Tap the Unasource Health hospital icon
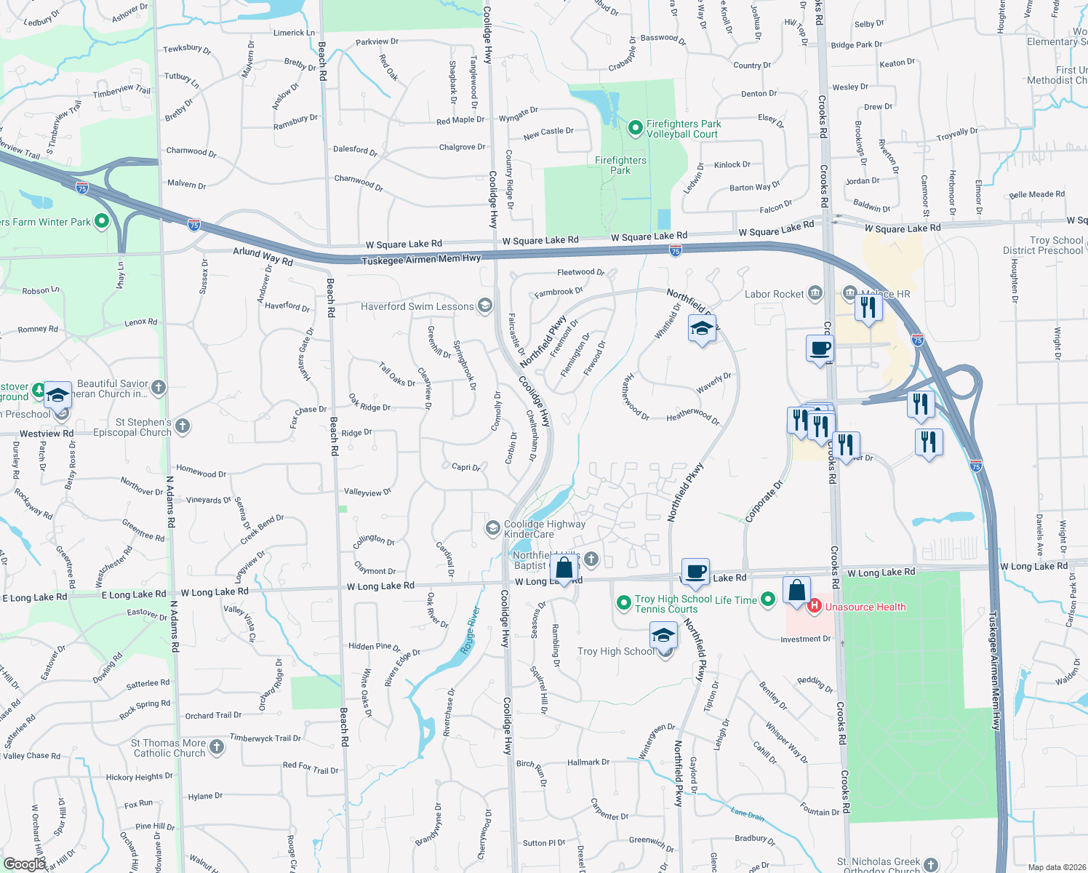click(815, 605)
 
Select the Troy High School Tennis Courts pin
click(623, 603)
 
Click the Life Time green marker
click(768, 599)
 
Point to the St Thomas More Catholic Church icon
click(217, 746)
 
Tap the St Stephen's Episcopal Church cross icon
click(183, 426)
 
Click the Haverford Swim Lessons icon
click(485, 306)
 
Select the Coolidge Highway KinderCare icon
click(493, 527)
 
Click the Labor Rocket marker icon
click(815, 293)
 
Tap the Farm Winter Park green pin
click(102, 220)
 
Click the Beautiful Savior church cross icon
click(159, 387)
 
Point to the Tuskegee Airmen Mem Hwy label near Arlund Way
click(421, 259)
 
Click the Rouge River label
click(471, 630)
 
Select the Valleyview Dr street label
click(367, 493)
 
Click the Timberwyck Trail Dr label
click(265, 738)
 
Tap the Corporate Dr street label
click(764, 501)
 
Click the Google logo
click(24, 864)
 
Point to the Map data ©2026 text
click(1054, 866)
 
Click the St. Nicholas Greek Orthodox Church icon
click(931, 865)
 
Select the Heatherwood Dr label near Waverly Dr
click(692, 417)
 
